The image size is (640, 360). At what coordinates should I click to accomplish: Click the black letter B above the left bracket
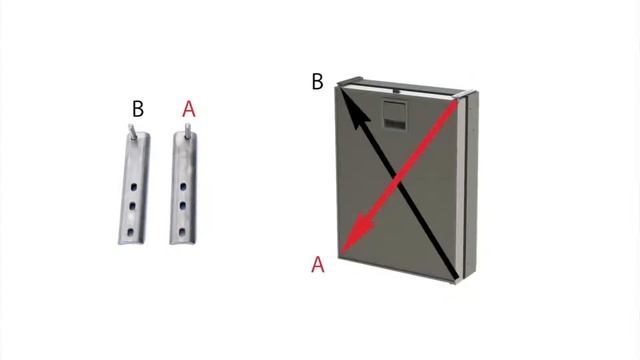[138, 109]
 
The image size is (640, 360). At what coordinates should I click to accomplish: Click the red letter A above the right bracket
[189, 109]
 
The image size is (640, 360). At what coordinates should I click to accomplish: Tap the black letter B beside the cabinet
[318, 81]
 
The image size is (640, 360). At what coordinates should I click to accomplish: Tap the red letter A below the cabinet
[318, 264]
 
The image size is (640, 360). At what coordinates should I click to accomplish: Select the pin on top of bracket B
[132, 132]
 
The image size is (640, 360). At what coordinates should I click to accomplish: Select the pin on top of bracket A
[188, 131]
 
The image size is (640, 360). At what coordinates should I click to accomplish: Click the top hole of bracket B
[133, 187]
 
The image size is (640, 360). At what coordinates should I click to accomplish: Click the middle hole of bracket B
[132, 206]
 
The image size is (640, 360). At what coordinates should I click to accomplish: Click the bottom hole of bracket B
[131, 232]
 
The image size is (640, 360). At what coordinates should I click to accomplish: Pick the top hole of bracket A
[183, 187]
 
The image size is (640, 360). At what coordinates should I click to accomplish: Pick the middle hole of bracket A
[182, 205]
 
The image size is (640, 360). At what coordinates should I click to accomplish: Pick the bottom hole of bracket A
[182, 232]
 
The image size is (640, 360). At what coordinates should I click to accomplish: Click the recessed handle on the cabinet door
[394, 114]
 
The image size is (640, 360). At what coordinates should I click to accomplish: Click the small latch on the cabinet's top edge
[396, 89]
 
